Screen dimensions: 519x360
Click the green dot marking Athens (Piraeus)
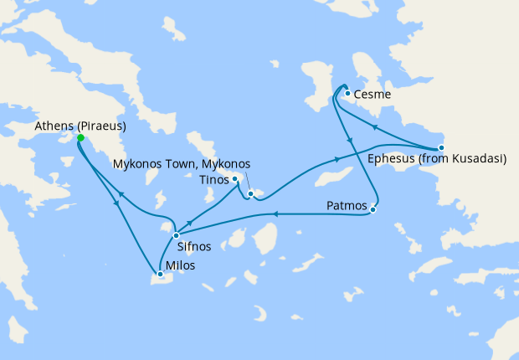tap(80, 138)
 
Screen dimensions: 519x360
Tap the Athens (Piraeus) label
tap(80, 126)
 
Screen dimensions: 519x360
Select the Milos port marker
tap(159, 274)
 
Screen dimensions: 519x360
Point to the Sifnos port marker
tap(176, 235)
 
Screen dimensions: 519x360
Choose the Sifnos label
tap(193, 248)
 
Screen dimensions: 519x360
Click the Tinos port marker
tap(235, 178)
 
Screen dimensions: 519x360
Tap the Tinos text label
tap(215, 178)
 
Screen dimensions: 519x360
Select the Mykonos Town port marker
tap(249, 194)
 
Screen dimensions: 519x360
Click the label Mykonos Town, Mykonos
tap(181, 163)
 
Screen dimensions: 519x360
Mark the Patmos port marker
tap(373, 209)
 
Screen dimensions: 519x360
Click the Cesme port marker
tap(347, 93)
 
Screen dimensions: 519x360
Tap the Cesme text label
tap(373, 95)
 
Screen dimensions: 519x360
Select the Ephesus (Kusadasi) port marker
tap(441, 147)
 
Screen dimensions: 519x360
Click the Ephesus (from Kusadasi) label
tap(437, 159)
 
